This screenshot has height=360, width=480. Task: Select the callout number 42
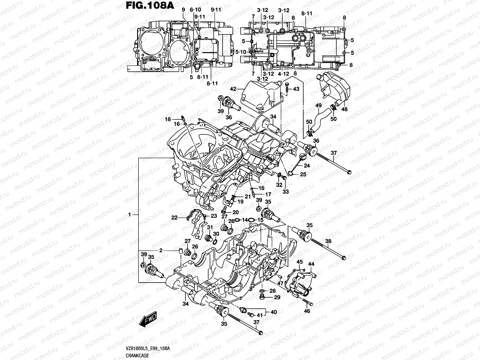tap(233, 89)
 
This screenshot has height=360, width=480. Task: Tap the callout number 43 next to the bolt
tap(296, 89)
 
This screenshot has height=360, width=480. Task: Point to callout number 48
tap(344, 109)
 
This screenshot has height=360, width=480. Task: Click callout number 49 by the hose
tap(319, 105)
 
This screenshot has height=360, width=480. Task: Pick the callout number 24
tap(307, 166)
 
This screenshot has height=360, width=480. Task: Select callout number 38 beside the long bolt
tap(328, 241)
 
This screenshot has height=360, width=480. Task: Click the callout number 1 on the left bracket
tap(130, 214)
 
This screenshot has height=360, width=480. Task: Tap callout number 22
tap(174, 218)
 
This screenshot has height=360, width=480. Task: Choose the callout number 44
tap(311, 264)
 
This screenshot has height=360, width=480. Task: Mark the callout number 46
tap(307, 311)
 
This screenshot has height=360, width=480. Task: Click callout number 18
tap(168, 119)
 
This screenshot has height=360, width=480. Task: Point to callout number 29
tap(277, 297)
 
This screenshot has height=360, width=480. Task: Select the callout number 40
tap(274, 312)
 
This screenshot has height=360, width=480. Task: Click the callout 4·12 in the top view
tap(283, 73)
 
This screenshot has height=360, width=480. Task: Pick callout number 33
tap(285, 191)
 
